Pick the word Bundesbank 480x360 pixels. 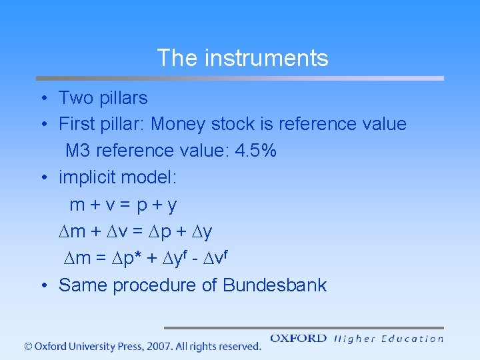coord(275,285)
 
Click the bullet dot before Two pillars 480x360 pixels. coord(42,99)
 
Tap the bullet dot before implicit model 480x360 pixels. coord(42,179)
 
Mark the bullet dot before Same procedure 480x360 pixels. coord(42,286)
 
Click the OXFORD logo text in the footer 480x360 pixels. coord(298,339)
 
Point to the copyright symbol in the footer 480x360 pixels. coord(28,346)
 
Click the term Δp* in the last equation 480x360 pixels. coord(139,258)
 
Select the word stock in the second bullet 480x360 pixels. coord(233,124)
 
